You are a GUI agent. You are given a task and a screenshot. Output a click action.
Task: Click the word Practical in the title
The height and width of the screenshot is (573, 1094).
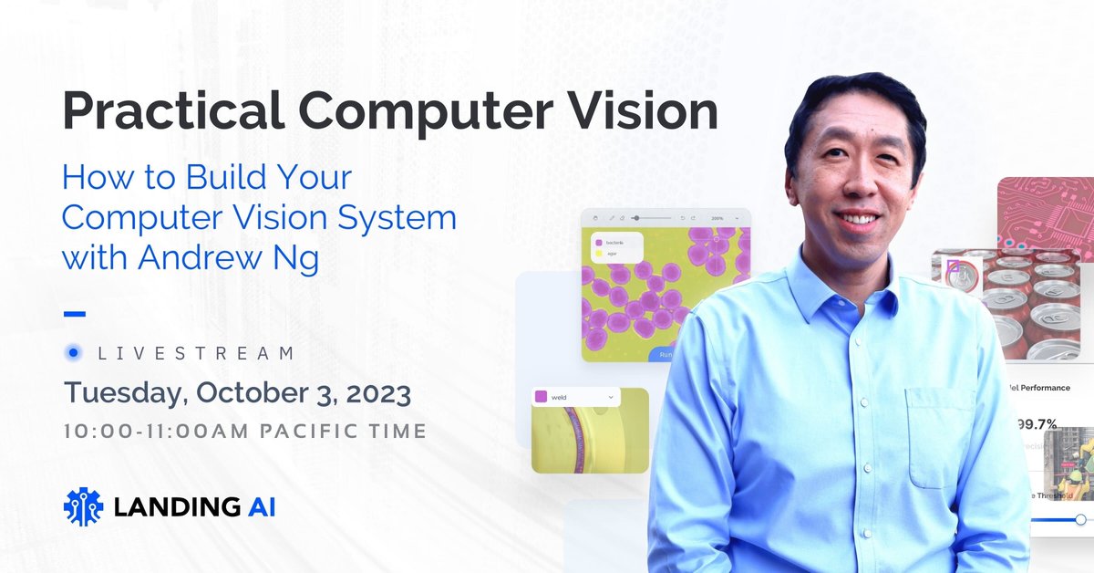click(171, 112)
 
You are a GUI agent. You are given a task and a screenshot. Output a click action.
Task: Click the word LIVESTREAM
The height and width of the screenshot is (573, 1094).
click(195, 353)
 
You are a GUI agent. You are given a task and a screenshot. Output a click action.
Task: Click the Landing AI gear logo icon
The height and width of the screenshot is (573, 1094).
click(83, 506)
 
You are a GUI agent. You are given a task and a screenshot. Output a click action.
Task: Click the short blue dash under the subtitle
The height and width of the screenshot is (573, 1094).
click(75, 314)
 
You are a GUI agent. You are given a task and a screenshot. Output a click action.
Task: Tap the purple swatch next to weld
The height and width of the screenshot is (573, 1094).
click(541, 397)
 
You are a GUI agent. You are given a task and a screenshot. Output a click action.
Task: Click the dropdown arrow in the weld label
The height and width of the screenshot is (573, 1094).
click(610, 397)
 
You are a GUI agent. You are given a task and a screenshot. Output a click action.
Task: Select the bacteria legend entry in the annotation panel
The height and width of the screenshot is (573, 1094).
click(614, 243)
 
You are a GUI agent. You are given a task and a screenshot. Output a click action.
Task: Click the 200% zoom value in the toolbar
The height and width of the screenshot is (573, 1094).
click(717, 219)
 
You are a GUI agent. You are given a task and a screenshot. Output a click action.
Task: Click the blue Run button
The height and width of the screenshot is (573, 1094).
click(664, 354)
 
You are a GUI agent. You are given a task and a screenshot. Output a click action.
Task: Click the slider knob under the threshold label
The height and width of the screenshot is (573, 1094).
click(1080, 519)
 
